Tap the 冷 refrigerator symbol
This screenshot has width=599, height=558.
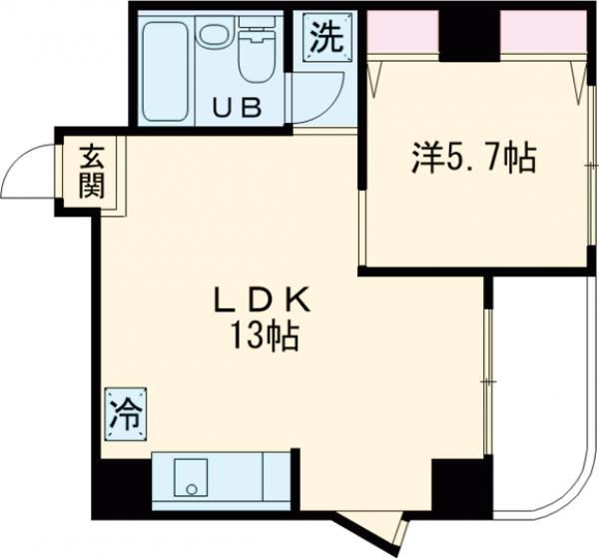pos(126,412)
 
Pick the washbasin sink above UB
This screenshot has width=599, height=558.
pos(213,35)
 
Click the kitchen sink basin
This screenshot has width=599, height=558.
pos(189,478)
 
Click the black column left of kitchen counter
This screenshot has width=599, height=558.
pos(121,488)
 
